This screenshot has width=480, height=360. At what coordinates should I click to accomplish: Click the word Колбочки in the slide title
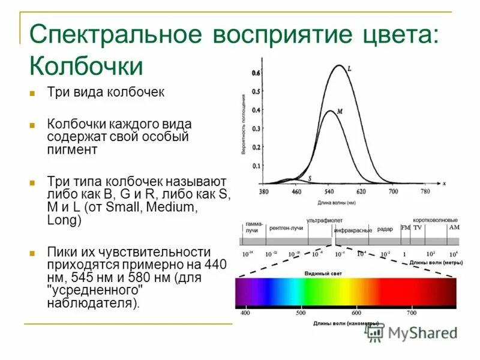coord(86,65)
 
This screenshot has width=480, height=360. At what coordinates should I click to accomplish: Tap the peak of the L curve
coord(339,65)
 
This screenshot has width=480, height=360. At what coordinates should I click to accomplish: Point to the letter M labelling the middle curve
coord(340,112)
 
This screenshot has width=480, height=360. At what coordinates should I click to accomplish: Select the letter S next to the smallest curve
coord(310,178)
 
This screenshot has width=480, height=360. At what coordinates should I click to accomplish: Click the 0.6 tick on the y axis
coord(256,73)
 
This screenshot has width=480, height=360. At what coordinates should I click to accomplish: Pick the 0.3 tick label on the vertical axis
coord(256,128)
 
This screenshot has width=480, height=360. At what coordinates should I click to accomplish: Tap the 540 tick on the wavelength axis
coord(329,191)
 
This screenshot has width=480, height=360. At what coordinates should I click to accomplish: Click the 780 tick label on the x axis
coord(425,191)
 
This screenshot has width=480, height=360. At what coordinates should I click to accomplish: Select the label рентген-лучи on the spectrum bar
coord(286,228)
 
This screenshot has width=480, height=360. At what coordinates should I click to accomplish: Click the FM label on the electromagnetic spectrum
coord(406,228)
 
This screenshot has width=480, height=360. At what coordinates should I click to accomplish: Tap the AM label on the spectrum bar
coord(454,228)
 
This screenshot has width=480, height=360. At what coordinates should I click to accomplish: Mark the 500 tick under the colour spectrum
coord(301,313)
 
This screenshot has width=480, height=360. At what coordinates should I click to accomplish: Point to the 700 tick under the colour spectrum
coord(412,313)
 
